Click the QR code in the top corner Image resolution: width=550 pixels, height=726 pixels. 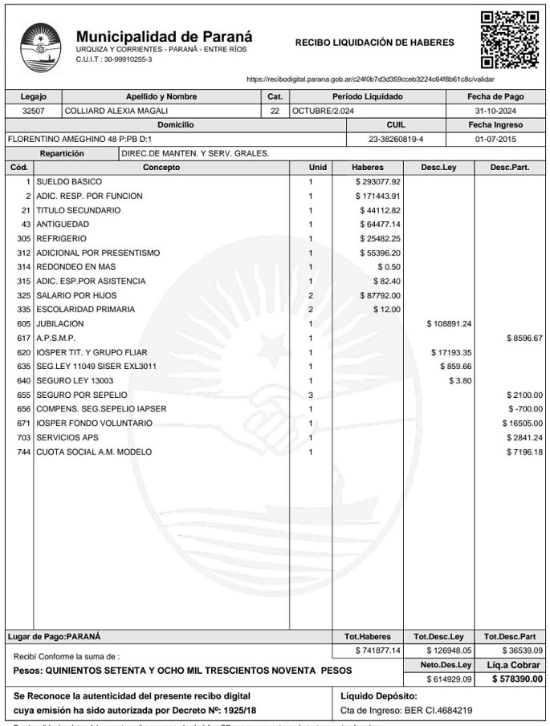tap(509, 39)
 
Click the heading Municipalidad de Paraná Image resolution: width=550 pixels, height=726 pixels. tap(164, 36)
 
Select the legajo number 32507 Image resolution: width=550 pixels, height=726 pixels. tap(33, 111)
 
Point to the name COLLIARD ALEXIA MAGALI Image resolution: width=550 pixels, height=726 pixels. tap(116, 111)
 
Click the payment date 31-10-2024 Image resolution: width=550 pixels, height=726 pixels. tap(495, 111)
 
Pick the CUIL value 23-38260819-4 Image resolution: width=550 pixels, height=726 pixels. tap(395, 139)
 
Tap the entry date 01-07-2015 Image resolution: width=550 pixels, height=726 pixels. tap(495, 139)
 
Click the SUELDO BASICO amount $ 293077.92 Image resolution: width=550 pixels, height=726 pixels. tap(378, 182)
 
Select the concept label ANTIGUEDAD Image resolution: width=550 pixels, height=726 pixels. tap(63, 225)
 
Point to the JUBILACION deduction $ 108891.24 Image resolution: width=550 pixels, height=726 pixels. tap(449, 324)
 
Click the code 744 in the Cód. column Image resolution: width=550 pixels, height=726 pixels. tap(23, 452)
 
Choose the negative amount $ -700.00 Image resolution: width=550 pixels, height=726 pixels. tap(526, 409)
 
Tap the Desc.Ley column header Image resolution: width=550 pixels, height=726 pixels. tap(438, 168)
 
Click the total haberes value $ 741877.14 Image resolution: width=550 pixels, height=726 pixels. tap(378, 650)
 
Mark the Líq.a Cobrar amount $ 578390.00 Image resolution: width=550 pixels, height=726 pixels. tap(518, 679)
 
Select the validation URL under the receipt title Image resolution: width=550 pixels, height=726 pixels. tap(370, 79)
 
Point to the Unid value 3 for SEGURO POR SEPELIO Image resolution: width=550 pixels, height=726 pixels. tap(311, 395)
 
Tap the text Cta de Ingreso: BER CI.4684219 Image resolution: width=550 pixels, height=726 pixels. tap(406, 710)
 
